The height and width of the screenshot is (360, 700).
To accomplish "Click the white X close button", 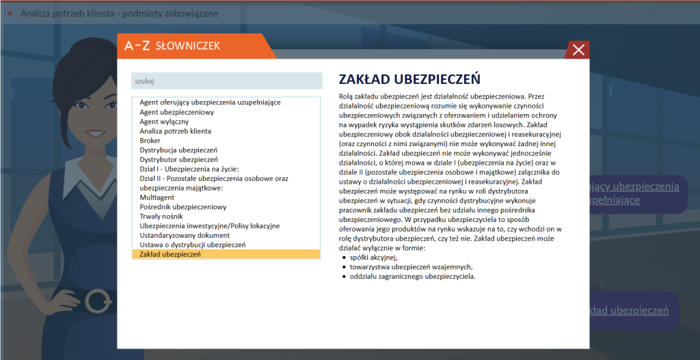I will point(578,50).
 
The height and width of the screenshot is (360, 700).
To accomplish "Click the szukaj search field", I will point(226,81).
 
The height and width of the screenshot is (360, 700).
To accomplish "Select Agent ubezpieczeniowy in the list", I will point(177,112).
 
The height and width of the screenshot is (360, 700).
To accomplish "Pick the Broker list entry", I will point(150,141).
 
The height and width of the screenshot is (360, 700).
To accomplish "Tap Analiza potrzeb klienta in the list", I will point(175,131).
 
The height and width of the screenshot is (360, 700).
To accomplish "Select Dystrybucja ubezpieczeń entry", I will point(178,150).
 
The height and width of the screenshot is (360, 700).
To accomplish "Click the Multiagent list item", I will point(157,197).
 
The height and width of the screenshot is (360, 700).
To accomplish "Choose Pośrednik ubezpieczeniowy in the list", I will point(183,207).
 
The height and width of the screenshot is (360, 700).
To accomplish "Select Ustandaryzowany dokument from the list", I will point(185,236).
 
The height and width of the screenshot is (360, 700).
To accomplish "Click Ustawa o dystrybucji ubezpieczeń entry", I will point(192,245).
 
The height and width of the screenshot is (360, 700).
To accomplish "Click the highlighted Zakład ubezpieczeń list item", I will point(170,254).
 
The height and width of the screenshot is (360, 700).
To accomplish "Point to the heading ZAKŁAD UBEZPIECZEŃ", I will point(409,79).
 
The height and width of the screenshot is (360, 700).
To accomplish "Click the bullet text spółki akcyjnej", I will point(373,258).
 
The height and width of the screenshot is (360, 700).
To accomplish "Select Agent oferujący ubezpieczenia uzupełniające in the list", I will point(210,102).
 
